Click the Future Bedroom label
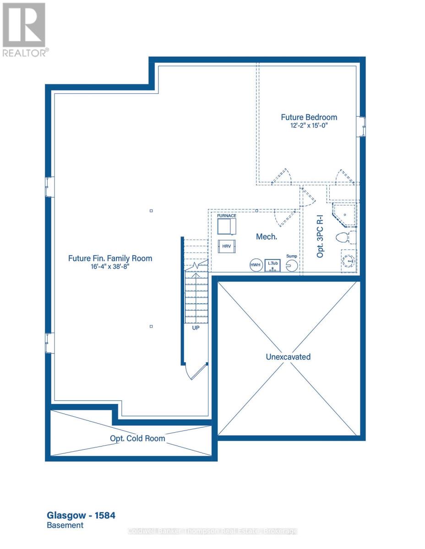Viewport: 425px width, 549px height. (x=309, y=117)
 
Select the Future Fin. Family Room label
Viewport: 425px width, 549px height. (x=110, y=258)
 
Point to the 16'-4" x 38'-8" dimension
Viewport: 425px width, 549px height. (x=110, y=267)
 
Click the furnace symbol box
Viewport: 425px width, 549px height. (x=227, y=226)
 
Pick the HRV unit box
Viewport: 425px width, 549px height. (x=227, y=246)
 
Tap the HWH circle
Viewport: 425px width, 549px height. (x=255, y=265)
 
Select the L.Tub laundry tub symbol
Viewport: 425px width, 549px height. (x=272, y=265)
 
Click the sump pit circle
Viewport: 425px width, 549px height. (x=292, y=265)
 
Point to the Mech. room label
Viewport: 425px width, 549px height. (x=266, y=237)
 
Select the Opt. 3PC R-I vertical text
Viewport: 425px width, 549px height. (x=320, y=238)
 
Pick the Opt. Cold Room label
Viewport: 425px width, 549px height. (x=137, y=438)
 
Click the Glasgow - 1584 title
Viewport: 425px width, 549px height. (x=81, y=516)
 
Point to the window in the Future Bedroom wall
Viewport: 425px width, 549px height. (x=362, y=126)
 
